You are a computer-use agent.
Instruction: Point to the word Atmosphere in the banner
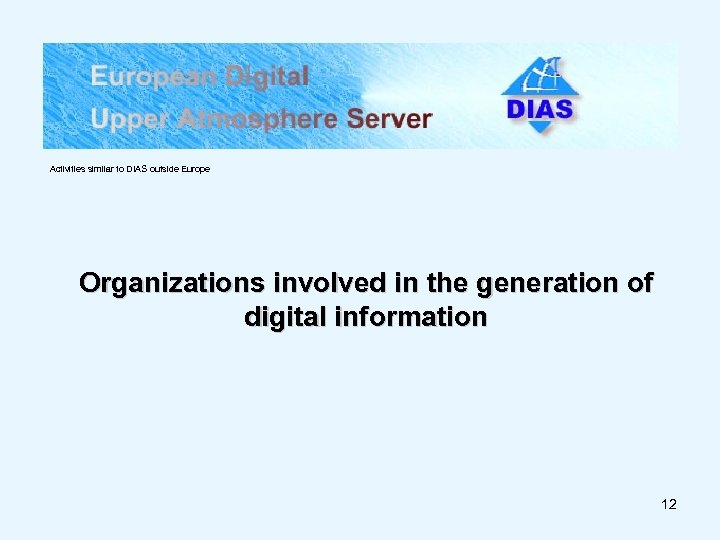point(254,119)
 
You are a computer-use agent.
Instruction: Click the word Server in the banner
point(389,119)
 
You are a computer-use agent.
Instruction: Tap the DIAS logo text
point(540,108)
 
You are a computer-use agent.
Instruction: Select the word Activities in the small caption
point(67,169)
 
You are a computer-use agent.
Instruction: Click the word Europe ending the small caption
point(196,169)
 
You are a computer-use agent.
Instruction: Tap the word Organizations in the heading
point(165,284)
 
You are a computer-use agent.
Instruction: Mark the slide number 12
point(669,504)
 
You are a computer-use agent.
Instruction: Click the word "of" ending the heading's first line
point(639,284)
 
